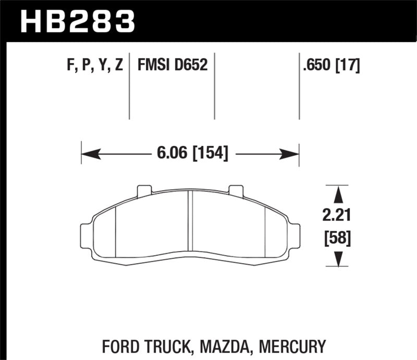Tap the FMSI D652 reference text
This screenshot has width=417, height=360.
tap(173, 65)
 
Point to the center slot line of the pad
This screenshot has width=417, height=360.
tap(190, 224)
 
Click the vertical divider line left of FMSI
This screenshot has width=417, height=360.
tap(129, 86)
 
